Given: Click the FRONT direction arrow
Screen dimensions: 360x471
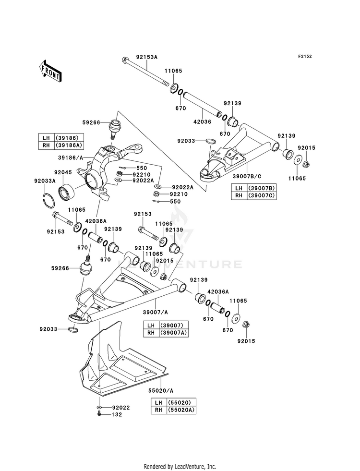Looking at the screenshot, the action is (50, 71).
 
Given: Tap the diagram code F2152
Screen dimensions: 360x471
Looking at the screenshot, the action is (305, 56).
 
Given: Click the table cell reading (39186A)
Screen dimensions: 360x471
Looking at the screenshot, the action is (68, 145).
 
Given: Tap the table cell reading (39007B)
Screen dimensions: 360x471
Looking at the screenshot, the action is (261, 188).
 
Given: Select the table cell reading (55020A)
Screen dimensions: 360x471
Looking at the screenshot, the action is (181, 410).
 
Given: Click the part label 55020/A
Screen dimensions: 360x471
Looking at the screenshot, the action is (161, 391).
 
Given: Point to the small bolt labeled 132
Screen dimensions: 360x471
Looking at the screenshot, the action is (99, 414).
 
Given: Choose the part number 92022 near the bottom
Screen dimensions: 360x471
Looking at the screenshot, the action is (121, 408).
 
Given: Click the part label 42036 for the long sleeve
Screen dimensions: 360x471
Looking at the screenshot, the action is (203, 121).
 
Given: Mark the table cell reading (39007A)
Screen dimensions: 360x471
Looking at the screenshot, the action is (174, 333).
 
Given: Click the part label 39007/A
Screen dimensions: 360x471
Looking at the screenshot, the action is (155, 313).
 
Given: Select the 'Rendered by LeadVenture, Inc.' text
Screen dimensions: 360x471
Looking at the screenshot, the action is (180, 467).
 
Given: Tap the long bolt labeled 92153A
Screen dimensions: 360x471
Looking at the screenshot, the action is (146, 72).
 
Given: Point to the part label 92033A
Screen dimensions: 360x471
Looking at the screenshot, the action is (45, 181).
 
